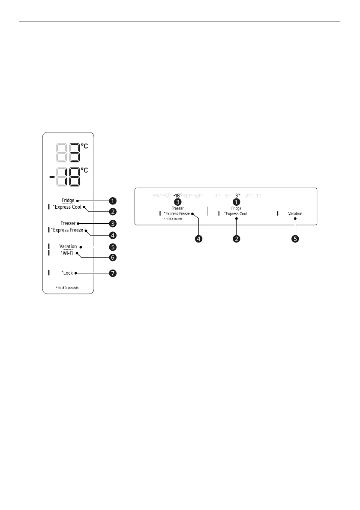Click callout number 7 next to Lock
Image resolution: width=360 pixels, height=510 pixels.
[x=113, y=273]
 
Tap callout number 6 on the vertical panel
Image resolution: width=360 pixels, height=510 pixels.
[x=113, y=258]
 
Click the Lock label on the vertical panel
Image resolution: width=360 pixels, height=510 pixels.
[x=68, y=273]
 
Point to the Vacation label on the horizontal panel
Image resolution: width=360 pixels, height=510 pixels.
[x=295, y=213]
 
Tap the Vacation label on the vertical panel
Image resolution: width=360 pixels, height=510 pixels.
[x=68, y=246]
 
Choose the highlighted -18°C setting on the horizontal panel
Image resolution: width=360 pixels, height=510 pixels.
[x=178, y=195]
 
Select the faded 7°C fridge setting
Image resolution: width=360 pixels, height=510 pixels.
[x=218, y=195]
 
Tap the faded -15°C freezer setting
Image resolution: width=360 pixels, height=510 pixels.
[x=157, y=195]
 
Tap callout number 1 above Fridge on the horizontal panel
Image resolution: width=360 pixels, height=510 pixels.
[x=236, y=201]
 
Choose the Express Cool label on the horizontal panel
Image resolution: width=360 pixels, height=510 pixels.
[x=236, y=213]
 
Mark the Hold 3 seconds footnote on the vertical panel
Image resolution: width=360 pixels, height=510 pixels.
[x=67, y=288]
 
